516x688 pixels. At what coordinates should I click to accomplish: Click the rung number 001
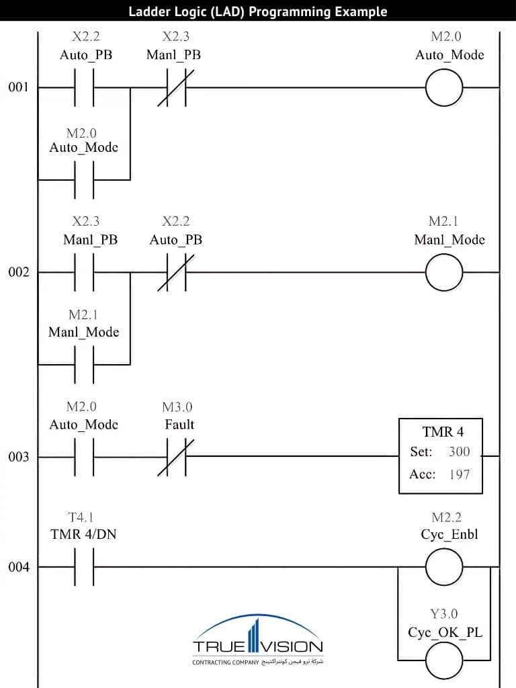18,87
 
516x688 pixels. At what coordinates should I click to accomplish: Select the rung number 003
18,457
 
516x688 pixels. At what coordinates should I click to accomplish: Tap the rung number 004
18,568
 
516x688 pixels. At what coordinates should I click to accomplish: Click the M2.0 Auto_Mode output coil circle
444,87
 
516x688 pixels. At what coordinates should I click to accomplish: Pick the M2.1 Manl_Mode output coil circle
444,272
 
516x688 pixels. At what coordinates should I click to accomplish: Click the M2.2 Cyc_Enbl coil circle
444,568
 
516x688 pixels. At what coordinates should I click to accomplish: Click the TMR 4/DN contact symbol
84,568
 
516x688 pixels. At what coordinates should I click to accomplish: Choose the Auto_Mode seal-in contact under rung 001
84,180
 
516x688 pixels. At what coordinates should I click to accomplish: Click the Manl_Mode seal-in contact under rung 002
84,365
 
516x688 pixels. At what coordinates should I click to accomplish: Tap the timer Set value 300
459,451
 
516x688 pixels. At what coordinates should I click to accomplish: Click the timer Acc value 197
459,474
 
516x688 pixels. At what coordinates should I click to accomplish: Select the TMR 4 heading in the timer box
442,431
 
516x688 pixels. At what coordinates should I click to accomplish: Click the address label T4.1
81,517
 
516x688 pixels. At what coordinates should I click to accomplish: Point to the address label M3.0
177,407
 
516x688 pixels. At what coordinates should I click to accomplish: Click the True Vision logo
258,642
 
